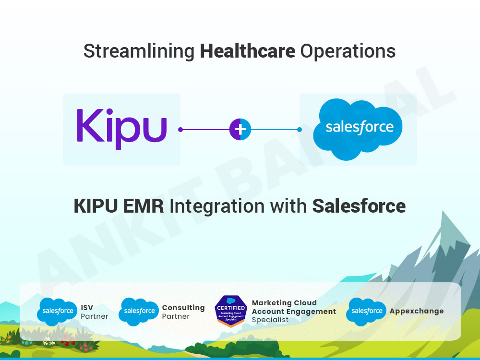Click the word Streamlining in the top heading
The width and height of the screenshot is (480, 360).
click(139, 51)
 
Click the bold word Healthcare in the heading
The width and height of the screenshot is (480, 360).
click(247, 51)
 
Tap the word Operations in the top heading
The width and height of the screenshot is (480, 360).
click(348, 51)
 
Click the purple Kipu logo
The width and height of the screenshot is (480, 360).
click(121, 129)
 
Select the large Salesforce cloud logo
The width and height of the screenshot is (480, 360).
click(358, 129)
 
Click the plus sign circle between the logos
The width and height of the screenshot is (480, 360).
click(240, 129)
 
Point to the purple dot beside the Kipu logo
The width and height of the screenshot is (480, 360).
click(180, 130)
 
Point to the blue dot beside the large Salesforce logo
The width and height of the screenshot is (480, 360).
click(300, 130)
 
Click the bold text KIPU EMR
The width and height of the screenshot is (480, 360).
click(119, 206)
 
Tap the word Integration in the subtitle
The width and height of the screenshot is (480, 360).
click(217, 206)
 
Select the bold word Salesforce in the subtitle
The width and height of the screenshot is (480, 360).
click(359, 206)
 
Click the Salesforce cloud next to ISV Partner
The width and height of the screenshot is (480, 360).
click(57, 312)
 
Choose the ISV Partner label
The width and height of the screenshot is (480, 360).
click(94, 312)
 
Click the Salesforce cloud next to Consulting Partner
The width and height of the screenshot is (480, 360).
click(139, 312)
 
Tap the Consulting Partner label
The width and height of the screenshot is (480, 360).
click(183, 312)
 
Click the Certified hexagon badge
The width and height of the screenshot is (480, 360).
click(231, 311)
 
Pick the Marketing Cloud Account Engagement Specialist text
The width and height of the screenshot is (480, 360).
click(294, 312)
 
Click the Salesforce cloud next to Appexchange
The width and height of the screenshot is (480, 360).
click(366, 312)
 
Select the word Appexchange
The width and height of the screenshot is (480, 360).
click(417, 312)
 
